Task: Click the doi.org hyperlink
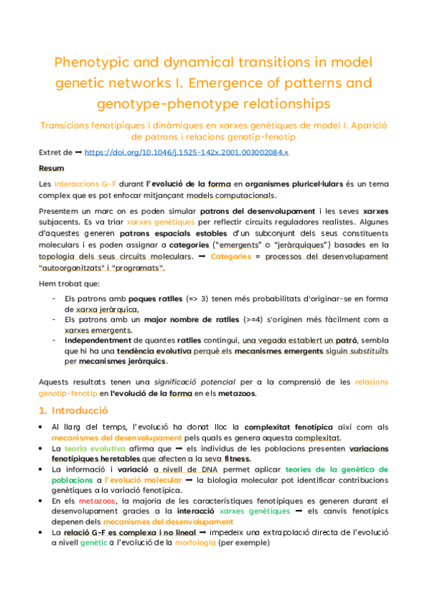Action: [x=186, y=153]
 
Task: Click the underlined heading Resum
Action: [x=51, y=169]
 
